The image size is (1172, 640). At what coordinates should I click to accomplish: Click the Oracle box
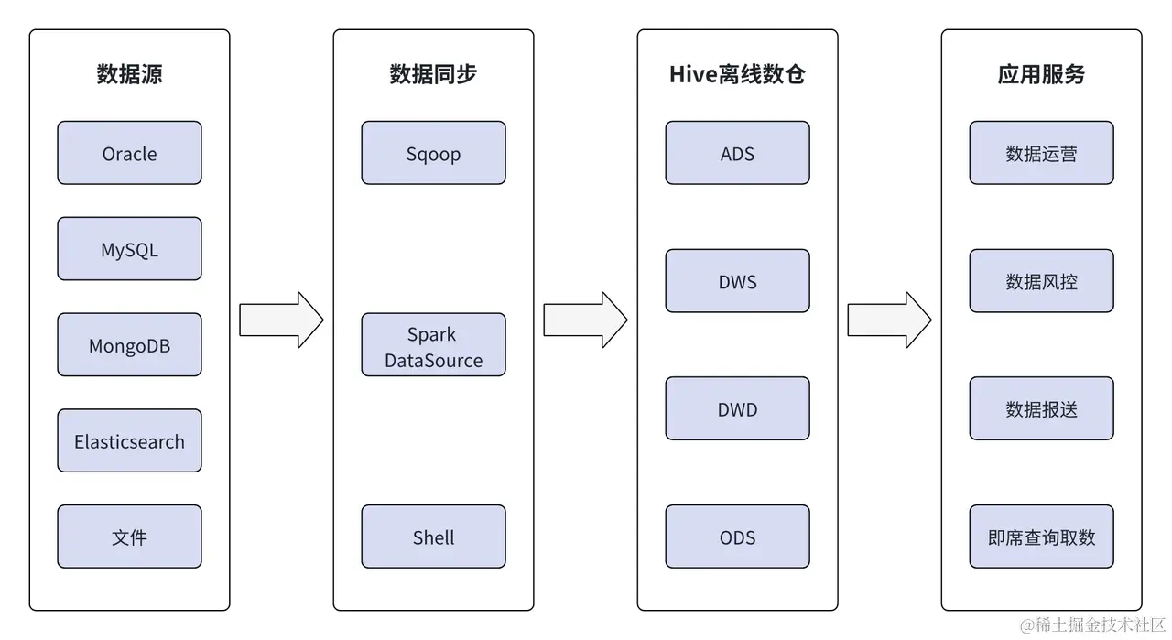pos(129,153)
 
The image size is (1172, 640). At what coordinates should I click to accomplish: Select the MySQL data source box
pos(129,249)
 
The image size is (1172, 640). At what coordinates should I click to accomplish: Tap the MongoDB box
pos(129,345)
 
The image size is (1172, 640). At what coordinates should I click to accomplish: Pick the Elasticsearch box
pos(129,441)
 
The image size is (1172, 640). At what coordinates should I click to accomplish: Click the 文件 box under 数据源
pos(129,537)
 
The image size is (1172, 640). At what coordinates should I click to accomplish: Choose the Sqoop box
pos(433,153)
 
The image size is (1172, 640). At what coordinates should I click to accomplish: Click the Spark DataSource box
pos(433,345)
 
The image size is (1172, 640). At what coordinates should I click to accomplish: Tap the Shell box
pos(433,537)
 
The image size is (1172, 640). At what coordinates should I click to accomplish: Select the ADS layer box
pos(737,153)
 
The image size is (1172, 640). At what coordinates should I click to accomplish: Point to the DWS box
pos(737,281)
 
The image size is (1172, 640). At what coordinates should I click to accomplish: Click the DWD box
pos(737,408)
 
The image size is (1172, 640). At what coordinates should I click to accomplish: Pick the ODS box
pos(737,537)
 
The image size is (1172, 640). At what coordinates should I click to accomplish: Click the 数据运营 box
pos(1041,153)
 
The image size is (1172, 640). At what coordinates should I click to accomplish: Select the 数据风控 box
pos(1041,281)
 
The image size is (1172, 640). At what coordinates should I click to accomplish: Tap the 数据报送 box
pos(1041,408)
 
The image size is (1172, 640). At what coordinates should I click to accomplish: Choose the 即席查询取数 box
pos(1041,537)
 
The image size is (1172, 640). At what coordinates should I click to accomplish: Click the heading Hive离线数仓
pos(737,74)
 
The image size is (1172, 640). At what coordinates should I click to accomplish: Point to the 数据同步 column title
pos(433,74)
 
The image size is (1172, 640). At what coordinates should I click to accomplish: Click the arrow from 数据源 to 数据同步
pos(281,320)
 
